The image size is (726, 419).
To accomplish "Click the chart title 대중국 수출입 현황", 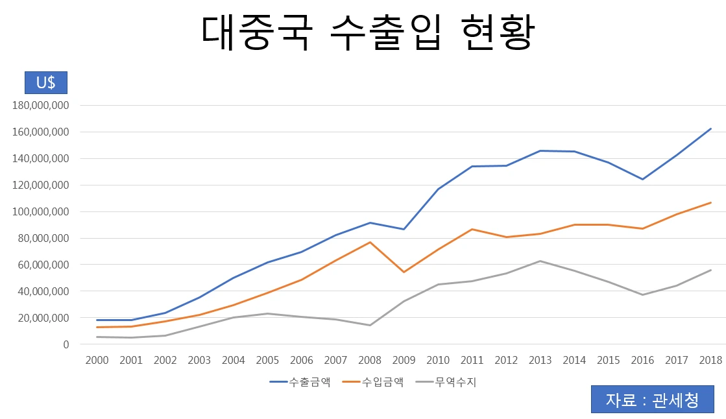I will [x=367, y=33].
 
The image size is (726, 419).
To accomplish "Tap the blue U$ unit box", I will [x=45, y=83].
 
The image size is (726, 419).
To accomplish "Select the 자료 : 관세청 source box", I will [x=653, y=400].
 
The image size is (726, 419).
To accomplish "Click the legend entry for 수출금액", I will [x=299, y=382].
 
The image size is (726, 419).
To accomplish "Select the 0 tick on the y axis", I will [x=66, y=344].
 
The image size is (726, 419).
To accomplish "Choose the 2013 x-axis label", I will [x=540, y=360].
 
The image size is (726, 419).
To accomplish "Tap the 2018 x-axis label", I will [x=711, y=360].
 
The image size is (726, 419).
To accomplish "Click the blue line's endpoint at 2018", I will [x=711, y=128].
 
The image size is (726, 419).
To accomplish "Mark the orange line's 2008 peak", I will [x=370, y=242].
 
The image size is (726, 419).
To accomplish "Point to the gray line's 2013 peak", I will [x=540, y=261].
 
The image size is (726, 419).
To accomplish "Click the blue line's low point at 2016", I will [x=643, y=179].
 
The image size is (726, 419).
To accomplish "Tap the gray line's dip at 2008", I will [x=370, y=325].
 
